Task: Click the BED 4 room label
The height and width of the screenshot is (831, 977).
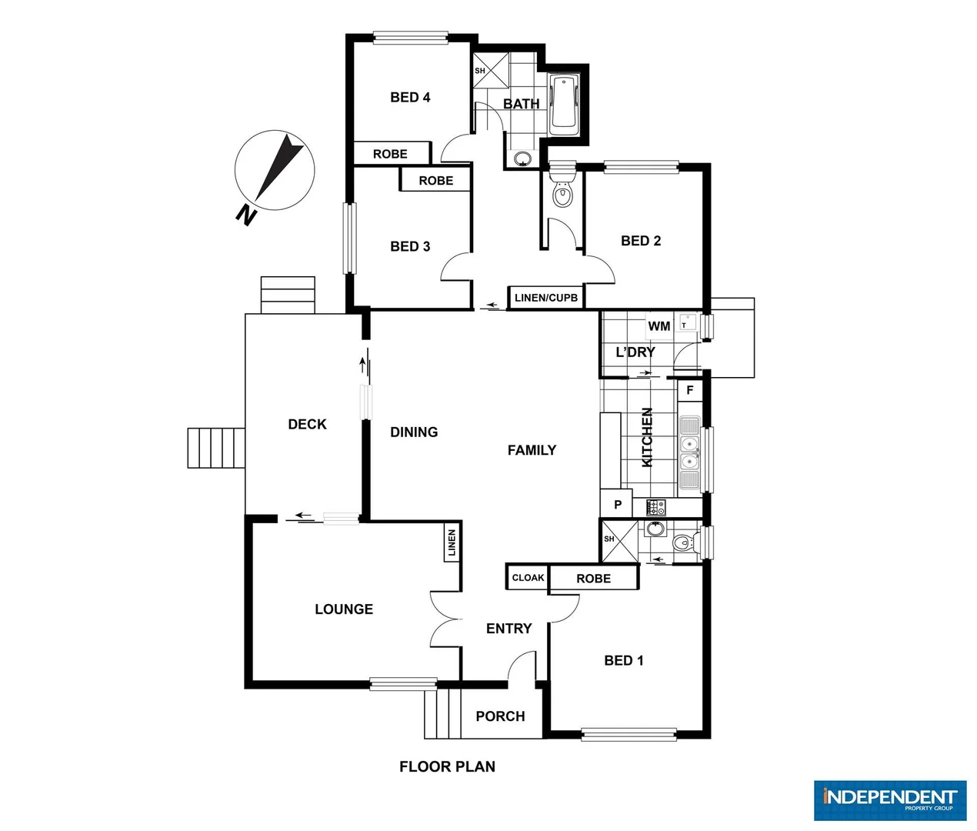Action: (x=410, y=97)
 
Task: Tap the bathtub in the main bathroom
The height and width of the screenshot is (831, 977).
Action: (x=565, y=105)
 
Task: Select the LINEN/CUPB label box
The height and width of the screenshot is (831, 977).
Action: (x=545, y=298)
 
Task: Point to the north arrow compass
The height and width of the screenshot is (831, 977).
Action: (x=275, y=169)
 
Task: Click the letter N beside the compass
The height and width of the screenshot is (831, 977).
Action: (x=245, y=215)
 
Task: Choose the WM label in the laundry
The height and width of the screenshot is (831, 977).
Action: (x=659, y=326)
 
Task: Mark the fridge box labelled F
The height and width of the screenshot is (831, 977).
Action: (x=690, y=390)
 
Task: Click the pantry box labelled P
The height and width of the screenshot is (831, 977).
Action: (x=617, y=505)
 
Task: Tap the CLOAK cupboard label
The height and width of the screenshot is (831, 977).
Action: (x=528, y=578)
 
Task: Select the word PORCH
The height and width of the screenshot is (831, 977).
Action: (x=500, y=716)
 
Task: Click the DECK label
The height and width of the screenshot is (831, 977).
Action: (x=307, y=424)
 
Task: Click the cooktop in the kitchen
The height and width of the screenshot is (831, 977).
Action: (x=656, y=507)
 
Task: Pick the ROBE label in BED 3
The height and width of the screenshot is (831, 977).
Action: (x=435, y=181)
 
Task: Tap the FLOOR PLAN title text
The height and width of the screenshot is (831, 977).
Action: (x=447, y=766)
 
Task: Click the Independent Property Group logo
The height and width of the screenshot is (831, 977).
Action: (x=889, y=800)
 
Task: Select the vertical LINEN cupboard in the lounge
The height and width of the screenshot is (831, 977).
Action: (x=452, y=543)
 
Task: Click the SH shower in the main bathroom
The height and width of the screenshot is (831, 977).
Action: (x=490, y=71)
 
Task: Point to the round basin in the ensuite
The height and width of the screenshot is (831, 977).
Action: (x=655, y=529)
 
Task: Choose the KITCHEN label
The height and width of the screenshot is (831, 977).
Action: (x=648, y=437)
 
